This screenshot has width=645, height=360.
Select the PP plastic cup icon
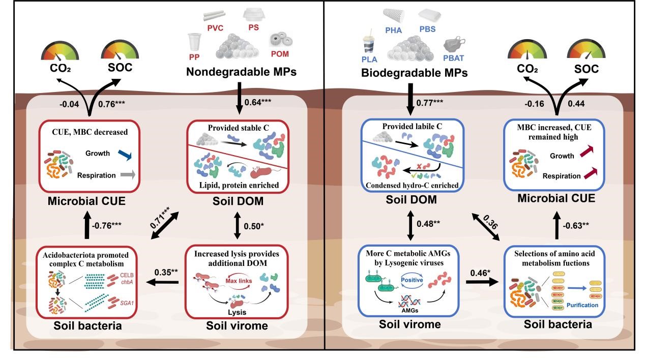pyautogui.click(x=194, y=42)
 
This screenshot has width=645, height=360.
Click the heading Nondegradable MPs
pyautogui.click(x=241, y=72)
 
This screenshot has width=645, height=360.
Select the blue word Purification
pyautogui.click(x=583, y=305)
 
